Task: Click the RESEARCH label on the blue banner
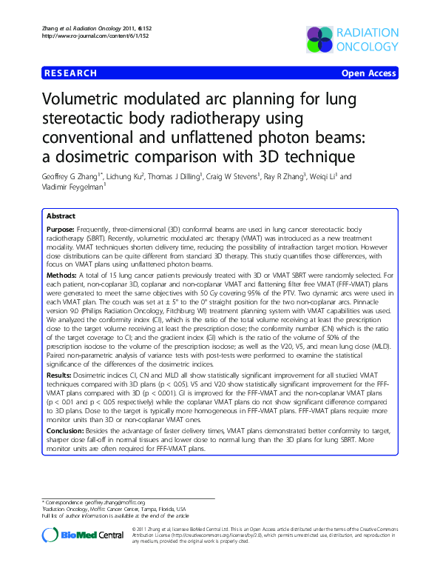tap(70, 73)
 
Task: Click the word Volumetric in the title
tap(92, 101)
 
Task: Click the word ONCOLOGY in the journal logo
tap(366, 47)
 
